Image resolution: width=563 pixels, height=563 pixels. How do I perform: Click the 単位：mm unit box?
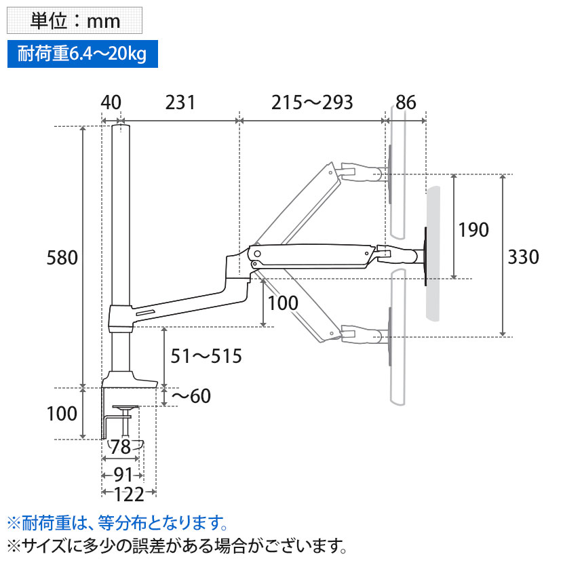(75, 20)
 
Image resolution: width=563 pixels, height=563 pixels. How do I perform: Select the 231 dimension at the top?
(180, 102)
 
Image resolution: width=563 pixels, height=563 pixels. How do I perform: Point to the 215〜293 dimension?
(312, 102)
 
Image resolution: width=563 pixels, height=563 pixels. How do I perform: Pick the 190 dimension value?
(473, 229)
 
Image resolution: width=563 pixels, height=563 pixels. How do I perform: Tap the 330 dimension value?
(524, 256)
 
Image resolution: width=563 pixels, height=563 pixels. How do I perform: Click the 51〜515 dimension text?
(206, 356)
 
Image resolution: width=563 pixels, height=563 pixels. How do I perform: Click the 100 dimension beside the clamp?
(62, 413)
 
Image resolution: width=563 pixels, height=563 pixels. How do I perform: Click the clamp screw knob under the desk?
(124, 410)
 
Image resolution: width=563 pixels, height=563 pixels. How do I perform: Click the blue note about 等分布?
(116, 523)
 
